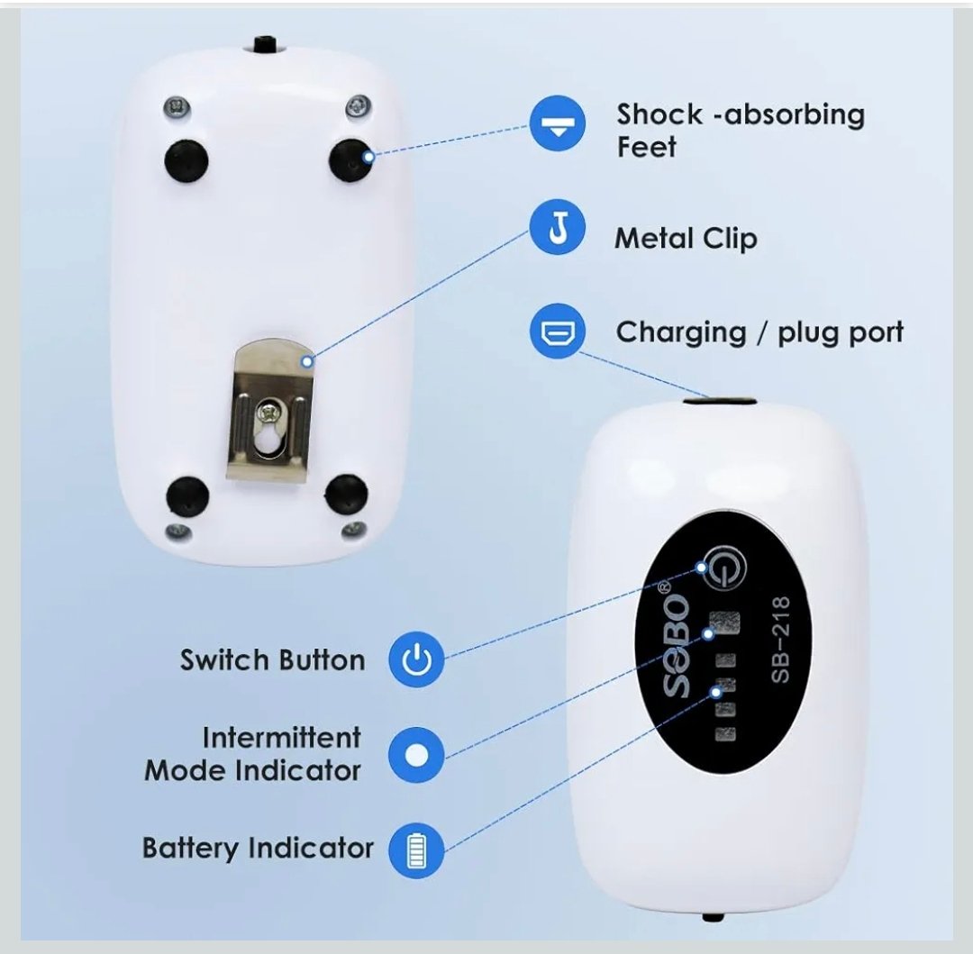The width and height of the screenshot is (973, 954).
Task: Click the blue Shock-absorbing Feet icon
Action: click(558, 123)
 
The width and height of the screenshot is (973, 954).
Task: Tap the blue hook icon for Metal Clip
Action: click(558, 227)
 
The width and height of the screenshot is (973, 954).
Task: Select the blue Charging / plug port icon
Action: click(558, 332)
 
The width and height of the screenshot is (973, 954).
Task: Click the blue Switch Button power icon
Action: click(416, 659)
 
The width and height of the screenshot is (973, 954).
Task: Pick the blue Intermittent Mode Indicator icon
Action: click(416, 755)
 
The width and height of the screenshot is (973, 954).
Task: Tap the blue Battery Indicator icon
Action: click(416, 850)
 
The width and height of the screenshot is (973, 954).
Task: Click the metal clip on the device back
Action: click(269, 409)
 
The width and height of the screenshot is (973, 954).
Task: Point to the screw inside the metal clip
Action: click(268, 410)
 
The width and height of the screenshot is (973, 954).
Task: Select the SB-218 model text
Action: click(780, 640)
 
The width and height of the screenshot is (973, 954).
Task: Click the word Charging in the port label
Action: click(681, 333)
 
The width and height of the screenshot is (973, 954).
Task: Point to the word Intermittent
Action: click(281, 738)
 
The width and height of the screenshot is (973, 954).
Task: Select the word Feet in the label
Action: click(646, 147)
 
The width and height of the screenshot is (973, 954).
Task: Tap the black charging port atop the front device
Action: click(720, 401)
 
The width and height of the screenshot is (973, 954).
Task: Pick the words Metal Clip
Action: click(686, 238)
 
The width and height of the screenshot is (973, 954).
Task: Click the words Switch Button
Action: click(272, 660)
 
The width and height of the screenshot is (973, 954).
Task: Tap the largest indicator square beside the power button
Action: click(724, 622)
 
